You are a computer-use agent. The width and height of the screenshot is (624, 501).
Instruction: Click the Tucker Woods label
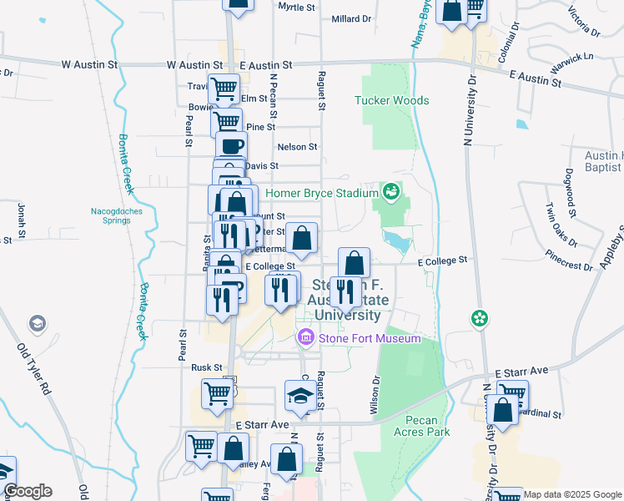pyautogui.click(x=392, y=100)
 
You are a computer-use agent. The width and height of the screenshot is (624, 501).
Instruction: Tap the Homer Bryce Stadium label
pyautogui.click(x=322, y=193)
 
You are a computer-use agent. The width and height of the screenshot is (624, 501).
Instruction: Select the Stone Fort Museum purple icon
pyautogui.click(x=305, y=337)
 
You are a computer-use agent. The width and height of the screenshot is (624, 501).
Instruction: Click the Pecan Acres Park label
pyautogui.click(x=427, y=426)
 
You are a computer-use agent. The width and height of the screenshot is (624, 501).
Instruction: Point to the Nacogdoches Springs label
pyautogui.click(x=117, y=216)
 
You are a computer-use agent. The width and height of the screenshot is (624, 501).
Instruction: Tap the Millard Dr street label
pyautogui.click(x=350, y=18)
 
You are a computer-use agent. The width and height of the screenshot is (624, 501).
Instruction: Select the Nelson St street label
pyautogui.click(x=297, y=146)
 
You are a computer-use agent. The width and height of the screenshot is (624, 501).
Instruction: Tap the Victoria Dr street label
pyautogui.click(x=584, y=23)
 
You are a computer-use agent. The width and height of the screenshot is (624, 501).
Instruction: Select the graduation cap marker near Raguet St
pyautogui.click(x=299, y=397)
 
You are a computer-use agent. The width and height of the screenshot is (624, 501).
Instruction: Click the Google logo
pyautogui.click(x=28, y=491)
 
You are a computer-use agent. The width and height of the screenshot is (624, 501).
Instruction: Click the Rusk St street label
pyautogui.click(x=206, y=367)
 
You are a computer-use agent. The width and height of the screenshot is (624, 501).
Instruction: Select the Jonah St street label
pyautogui.click(x=20, y=219)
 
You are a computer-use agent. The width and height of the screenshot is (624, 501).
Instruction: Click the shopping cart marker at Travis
pyautogui.click(x=224, y=88)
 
